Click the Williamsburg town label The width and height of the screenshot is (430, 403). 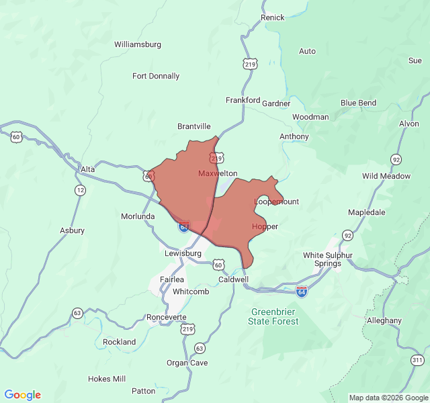pyautogui.click(x=138, y=44)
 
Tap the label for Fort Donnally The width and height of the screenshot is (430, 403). pyautogui.click(x=156, y=76)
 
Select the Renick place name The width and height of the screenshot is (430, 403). pyautogui.click(x=273, y=17)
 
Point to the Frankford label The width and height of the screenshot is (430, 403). pyautogui.click(x=243, y=100)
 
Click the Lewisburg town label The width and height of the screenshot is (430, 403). pyautogui.click(x=183, y=254)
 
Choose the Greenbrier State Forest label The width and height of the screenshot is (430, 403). pyautogui.click(x=274, y=316)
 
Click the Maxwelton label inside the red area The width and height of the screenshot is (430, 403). pyautogui.click(x=218, y=173)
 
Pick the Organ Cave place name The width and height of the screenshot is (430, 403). pyautogui.click(x=187, y=363)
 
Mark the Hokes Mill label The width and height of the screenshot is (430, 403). pyautogui.click(x=107, y=379)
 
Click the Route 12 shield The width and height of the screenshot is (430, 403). pyautogui.click(x=81, y=191)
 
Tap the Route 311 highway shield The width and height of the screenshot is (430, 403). pyautogui.click(x=417, y=361)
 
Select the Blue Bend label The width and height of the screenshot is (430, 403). pyautogui.click(x=358, y=103)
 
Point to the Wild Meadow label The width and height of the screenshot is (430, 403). pyautogui.click(x=386, y=176)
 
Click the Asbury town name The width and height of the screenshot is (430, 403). pyautogui.click(x=73, y=230)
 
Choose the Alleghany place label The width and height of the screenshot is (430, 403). pyautogui.click(x=384, y=320)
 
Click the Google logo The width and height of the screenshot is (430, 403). pyautogui.click(x=23, y=395)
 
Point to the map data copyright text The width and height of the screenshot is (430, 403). pyautogui.click(x=388, y=398)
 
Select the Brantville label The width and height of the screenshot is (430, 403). pyautogui.click(x=194, y=126)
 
